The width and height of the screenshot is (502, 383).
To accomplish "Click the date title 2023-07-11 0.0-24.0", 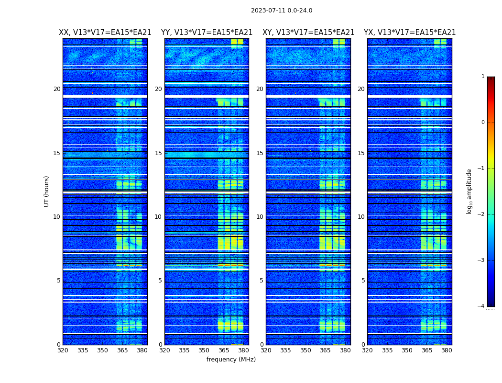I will point(282,11).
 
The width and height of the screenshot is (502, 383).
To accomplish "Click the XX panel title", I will point(105,33).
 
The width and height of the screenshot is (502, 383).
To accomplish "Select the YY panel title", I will point(207,33).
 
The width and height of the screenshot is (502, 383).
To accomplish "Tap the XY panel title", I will point(308,33).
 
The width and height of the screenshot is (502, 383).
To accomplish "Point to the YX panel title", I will point(410,33).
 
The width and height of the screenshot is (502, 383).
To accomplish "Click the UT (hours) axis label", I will point(47,191).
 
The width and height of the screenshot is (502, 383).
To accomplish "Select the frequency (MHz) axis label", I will point(231,360).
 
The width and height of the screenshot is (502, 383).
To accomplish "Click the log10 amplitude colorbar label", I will point(469,191).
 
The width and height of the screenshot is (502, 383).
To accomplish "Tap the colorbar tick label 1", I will point(483,77).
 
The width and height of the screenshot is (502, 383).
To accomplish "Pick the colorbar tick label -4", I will point(481,306).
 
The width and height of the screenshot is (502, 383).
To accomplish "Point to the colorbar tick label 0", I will point(483,123).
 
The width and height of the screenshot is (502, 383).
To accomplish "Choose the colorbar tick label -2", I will point(481,214).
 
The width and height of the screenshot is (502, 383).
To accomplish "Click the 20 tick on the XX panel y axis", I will point(57,89).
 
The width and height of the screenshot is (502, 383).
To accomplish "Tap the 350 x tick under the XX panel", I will point(102,350).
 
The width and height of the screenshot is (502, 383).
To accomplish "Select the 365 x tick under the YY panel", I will point(224,350).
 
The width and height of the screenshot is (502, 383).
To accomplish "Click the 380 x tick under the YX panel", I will point(447,350).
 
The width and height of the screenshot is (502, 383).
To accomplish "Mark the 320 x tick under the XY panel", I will point(266,350).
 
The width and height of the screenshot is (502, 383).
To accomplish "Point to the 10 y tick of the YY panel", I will point(158,217).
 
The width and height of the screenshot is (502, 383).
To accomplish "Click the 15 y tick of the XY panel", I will point(260,153).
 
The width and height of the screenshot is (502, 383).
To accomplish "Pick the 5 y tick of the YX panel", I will point(363,281).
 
